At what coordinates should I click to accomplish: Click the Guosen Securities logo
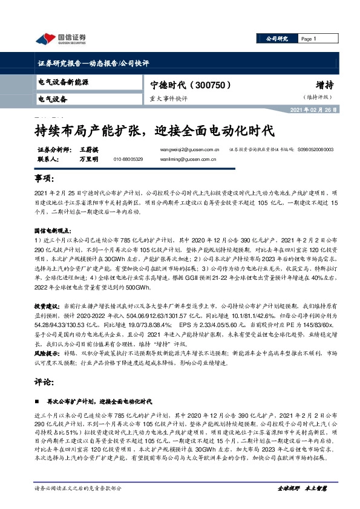[61, 39]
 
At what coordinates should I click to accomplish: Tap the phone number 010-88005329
[128, 160]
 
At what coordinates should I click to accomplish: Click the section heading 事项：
[46, 181]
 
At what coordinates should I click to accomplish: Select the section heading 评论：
[46, 382]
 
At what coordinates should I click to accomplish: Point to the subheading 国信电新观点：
[54, 230]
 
